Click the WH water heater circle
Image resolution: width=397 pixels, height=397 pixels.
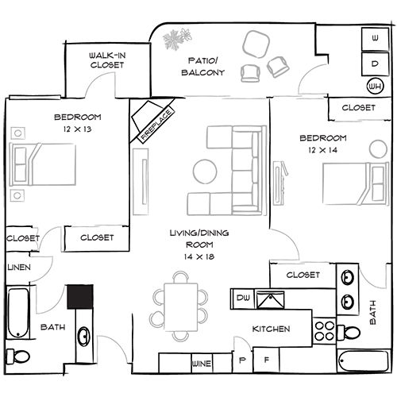click(376, 87)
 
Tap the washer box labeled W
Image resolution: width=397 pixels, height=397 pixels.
click(375, 39)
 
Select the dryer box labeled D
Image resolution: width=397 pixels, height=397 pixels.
click(375, 64)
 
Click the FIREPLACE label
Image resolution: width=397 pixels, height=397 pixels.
click(156, 125)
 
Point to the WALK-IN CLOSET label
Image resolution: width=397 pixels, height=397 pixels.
click(107, 60)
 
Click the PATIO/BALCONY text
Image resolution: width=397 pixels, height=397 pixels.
click(203, 67)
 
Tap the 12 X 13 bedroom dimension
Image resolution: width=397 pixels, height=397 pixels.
click(77, 129)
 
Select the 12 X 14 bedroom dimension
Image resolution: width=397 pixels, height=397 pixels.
click(322, 150)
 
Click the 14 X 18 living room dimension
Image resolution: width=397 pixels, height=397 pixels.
click(199, 256)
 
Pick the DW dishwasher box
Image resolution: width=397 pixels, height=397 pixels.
click(243, 299)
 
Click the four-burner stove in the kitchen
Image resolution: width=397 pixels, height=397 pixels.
click(325, 331)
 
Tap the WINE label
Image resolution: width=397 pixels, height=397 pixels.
click(202, 364)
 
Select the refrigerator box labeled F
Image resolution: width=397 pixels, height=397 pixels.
click(266, 360)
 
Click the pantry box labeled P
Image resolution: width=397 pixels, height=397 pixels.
click(242, 360)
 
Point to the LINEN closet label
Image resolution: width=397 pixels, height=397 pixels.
click(19, 268)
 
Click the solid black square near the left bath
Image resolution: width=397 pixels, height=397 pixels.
click(80, 297)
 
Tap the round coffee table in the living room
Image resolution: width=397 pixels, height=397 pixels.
click(205, 172)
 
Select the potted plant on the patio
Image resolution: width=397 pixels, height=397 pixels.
click(177, 39)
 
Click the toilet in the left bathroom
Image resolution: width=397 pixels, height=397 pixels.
click(18, 357)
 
